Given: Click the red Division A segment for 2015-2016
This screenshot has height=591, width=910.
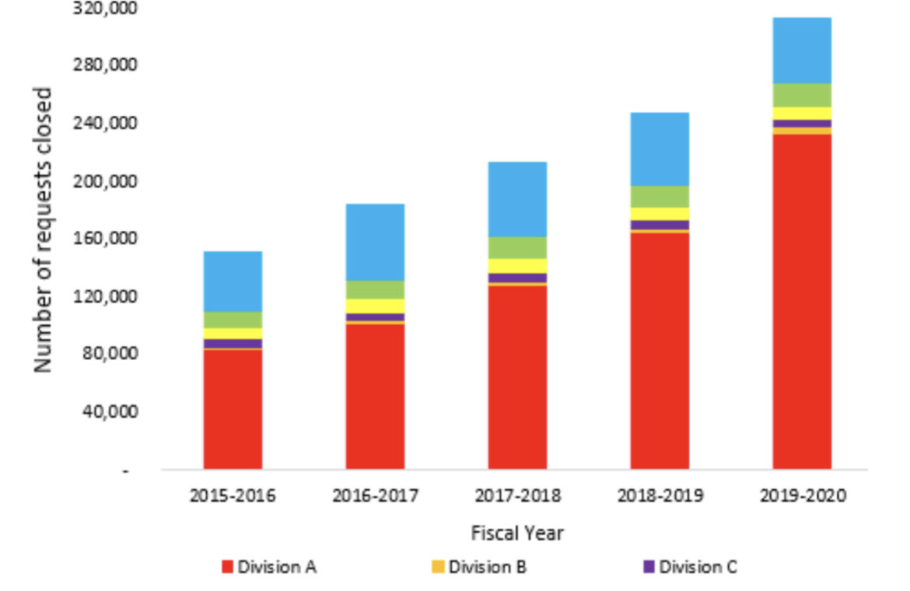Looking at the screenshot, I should tap(233, 409).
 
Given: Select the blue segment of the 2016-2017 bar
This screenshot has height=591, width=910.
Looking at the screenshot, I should tap(375, 242).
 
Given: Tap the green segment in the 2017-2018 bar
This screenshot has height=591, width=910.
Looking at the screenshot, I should tap(517, 247).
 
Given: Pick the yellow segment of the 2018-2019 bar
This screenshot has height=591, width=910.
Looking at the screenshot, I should tap(660, 214).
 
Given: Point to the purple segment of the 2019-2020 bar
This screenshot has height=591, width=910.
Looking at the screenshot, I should tap(802, 124).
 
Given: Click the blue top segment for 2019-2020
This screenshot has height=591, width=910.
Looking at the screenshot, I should tap(802, 50).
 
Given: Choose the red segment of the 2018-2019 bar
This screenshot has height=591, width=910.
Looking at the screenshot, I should tap(660, 350).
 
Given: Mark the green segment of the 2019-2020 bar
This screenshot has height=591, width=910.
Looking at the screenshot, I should tap(802, 95).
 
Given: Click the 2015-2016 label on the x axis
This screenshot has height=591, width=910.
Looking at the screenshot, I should tap(233, 496).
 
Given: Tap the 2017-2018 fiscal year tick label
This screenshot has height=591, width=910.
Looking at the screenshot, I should tap(517, 496).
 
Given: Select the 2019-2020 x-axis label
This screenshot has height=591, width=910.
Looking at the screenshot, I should tap(802, 496).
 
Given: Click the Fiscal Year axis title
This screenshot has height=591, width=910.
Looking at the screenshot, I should tap(517, 533).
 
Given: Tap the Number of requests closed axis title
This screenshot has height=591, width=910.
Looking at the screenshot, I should tap(44, 229).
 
